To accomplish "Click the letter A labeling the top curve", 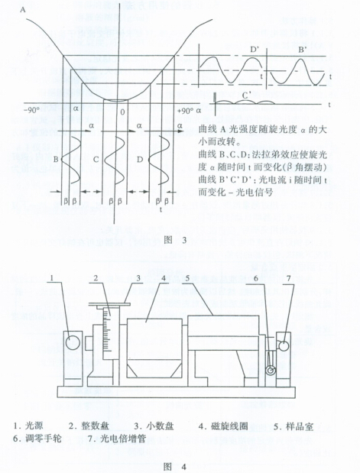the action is (23, 10).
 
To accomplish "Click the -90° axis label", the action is (30, 110).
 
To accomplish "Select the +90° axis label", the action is (185, 110).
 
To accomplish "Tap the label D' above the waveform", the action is (254, 49).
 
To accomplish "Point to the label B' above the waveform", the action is (303, 49).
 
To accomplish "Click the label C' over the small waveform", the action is (247, 96).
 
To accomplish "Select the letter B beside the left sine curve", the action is (56, 159).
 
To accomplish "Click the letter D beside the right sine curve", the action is (140, 159).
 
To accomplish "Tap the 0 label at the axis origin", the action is (122, 112).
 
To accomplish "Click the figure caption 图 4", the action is (175, 467).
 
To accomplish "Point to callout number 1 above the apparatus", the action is (52, 278).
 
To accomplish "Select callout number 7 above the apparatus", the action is (289, 278).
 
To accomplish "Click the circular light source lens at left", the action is (73, 343).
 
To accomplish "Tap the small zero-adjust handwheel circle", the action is (270, 370).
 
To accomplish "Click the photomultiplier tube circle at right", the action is (283, 345).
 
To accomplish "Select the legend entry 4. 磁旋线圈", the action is (223, 426).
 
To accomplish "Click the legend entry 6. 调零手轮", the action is (37, 438).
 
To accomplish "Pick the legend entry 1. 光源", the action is (28, 426).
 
